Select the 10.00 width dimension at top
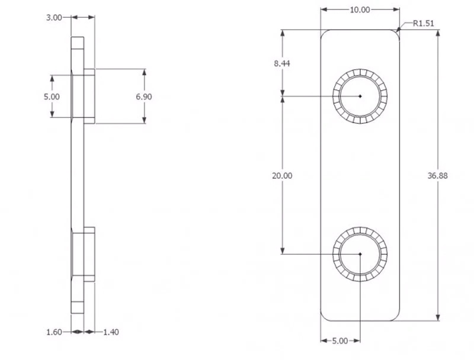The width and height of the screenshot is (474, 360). [x=360, y=9]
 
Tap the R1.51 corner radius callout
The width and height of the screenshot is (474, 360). [x=424, y=23]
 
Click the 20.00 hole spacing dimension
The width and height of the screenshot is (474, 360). [x=283, y=176]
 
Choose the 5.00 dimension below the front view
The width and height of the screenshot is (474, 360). [x=339, y=341]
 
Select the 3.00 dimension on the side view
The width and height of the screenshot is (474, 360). [x=54, y=18]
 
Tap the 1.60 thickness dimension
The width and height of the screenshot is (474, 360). [x=55, y=332]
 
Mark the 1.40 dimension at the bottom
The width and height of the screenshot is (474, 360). [x=111, y=332]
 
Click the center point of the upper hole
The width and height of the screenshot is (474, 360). [x=360, y=96]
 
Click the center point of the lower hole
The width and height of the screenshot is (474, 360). [x=360, y=254]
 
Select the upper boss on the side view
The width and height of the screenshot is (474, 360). [x=89, y=97]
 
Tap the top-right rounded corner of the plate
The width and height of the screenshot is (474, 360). [x=396, y=33]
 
